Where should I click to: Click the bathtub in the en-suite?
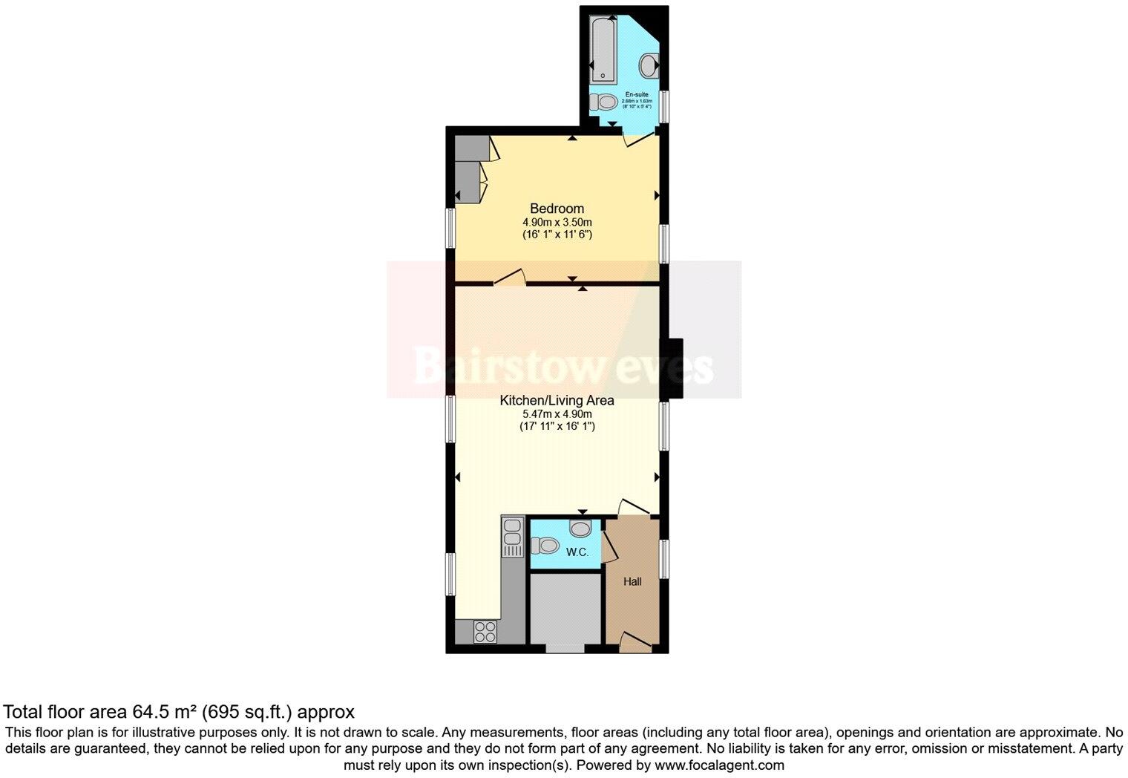click(x=603, y=50)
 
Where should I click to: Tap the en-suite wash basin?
click(x=649, y=65)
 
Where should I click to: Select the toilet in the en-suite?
click(x=606, y=102)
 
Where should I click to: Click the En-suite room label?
click(x=637, y=95)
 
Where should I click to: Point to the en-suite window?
click(x=665, y=104)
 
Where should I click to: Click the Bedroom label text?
click(x=557, y=209)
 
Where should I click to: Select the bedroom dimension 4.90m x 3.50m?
click(x=557, y=222)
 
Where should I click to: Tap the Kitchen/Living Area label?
click(x=557, y=400)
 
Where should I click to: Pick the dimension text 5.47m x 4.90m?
click(x=557, y=413)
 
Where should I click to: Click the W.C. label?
click(x=577, y=552)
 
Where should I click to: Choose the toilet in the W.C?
click(x=546, y=546)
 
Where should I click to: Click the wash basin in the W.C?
click(x=580, y=529)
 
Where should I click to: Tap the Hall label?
click(x=632, y=581)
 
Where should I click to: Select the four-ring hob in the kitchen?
click(x=485, y=632)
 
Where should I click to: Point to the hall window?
click(x=665, y=558)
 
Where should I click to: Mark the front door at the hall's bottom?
click(x=635, y=643)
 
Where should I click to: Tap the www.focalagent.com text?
click(x=718, y=765)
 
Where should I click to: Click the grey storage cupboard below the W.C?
click(x=565, y=609)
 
